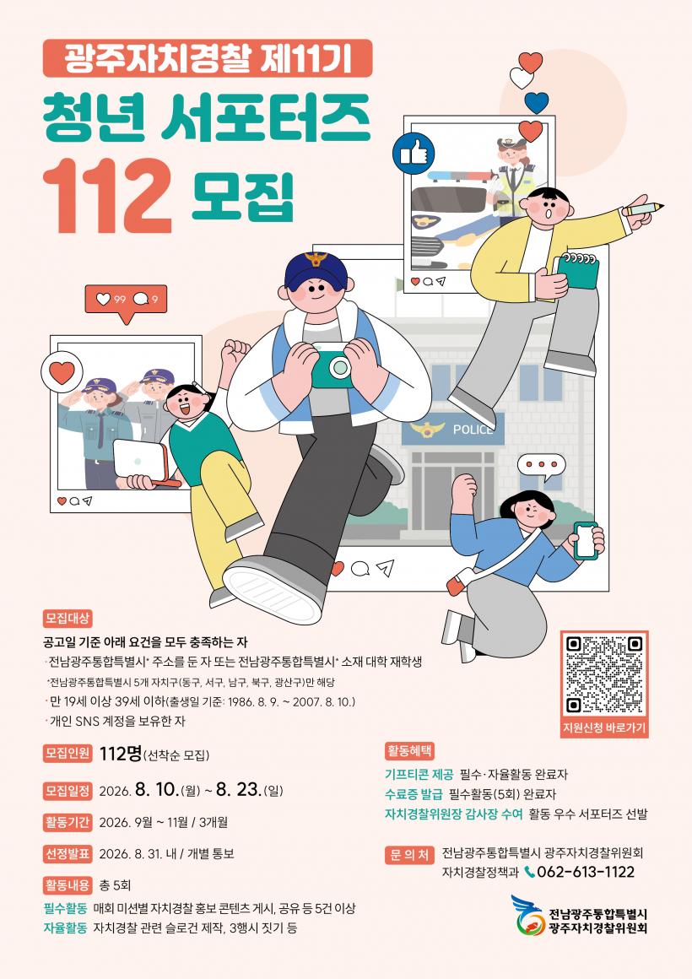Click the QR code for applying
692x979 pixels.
(x=604, y=674)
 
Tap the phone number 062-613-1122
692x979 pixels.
(x=585, y=872)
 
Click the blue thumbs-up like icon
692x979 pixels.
(x=413, y=153)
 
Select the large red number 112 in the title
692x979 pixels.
(x=107, y=196)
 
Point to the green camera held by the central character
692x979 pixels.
(x=332, y=366)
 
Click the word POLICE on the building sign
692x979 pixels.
(x=473, y=430)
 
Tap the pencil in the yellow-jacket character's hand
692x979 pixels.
(x=644, y=208)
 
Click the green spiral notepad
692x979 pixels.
(x=576, y=273)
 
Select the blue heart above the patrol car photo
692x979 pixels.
(x=537, y=102)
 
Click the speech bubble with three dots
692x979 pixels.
(x=542, y=468)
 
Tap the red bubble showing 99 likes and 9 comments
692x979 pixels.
(x=126, y=301)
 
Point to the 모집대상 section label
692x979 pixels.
(x=68, y=619)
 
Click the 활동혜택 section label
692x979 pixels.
(x=409, y=750)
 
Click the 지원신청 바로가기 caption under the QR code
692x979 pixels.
(x=604, y=728)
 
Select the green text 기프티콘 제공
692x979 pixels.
(x=419, y=775)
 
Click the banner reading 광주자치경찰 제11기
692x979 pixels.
(x=208, y=58)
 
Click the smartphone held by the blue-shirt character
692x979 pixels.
(x=585, y=540)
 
